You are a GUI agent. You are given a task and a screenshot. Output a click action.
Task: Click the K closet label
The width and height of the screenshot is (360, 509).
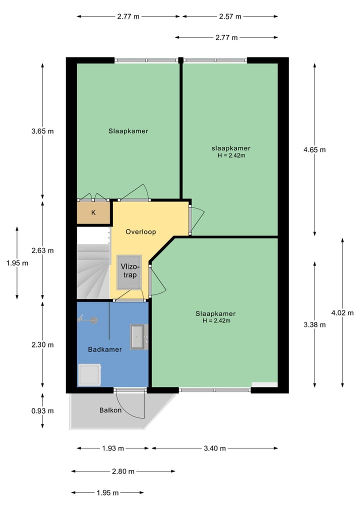[x=93, y=212]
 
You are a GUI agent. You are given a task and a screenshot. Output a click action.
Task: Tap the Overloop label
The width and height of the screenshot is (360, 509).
[x=141, y=232]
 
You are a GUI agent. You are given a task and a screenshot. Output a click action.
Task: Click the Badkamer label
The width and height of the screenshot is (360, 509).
[x=105, y=349]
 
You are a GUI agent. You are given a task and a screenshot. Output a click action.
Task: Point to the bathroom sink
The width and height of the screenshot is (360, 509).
[x=138, y=336]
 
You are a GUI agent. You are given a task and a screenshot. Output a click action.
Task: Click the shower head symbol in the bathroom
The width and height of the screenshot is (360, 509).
[x=86, y=318]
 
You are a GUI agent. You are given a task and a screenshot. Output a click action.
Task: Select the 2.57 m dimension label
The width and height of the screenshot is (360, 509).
[x=230, y=16]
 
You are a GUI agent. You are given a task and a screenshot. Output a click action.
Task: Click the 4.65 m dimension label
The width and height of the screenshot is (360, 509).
[x=314, y=149]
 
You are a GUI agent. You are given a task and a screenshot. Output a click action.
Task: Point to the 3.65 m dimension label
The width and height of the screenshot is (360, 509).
[x=42, y=131]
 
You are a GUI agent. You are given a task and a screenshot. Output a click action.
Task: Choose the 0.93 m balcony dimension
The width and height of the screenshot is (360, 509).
[x=42, y=411]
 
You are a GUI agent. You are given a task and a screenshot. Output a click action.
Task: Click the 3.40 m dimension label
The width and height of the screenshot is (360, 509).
[x=214, y=448]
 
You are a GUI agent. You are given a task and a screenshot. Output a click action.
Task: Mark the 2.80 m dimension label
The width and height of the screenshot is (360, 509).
[x=123, y=471]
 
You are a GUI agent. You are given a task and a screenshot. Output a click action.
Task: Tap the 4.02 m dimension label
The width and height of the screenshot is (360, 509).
[x=342, y=312]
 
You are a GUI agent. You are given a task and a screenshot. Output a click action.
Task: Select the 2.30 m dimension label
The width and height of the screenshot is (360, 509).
[x=42, y=344]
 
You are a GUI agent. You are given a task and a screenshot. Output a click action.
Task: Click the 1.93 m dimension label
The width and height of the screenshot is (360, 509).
[x=112, y=448]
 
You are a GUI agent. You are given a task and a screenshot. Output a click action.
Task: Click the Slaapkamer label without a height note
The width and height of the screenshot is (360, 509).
[x=128, y=131]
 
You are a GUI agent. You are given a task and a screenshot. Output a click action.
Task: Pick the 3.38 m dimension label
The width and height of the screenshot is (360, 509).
[x=314, y=324]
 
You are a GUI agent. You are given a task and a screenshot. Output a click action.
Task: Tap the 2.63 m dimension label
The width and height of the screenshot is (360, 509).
[x=42, y=250]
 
